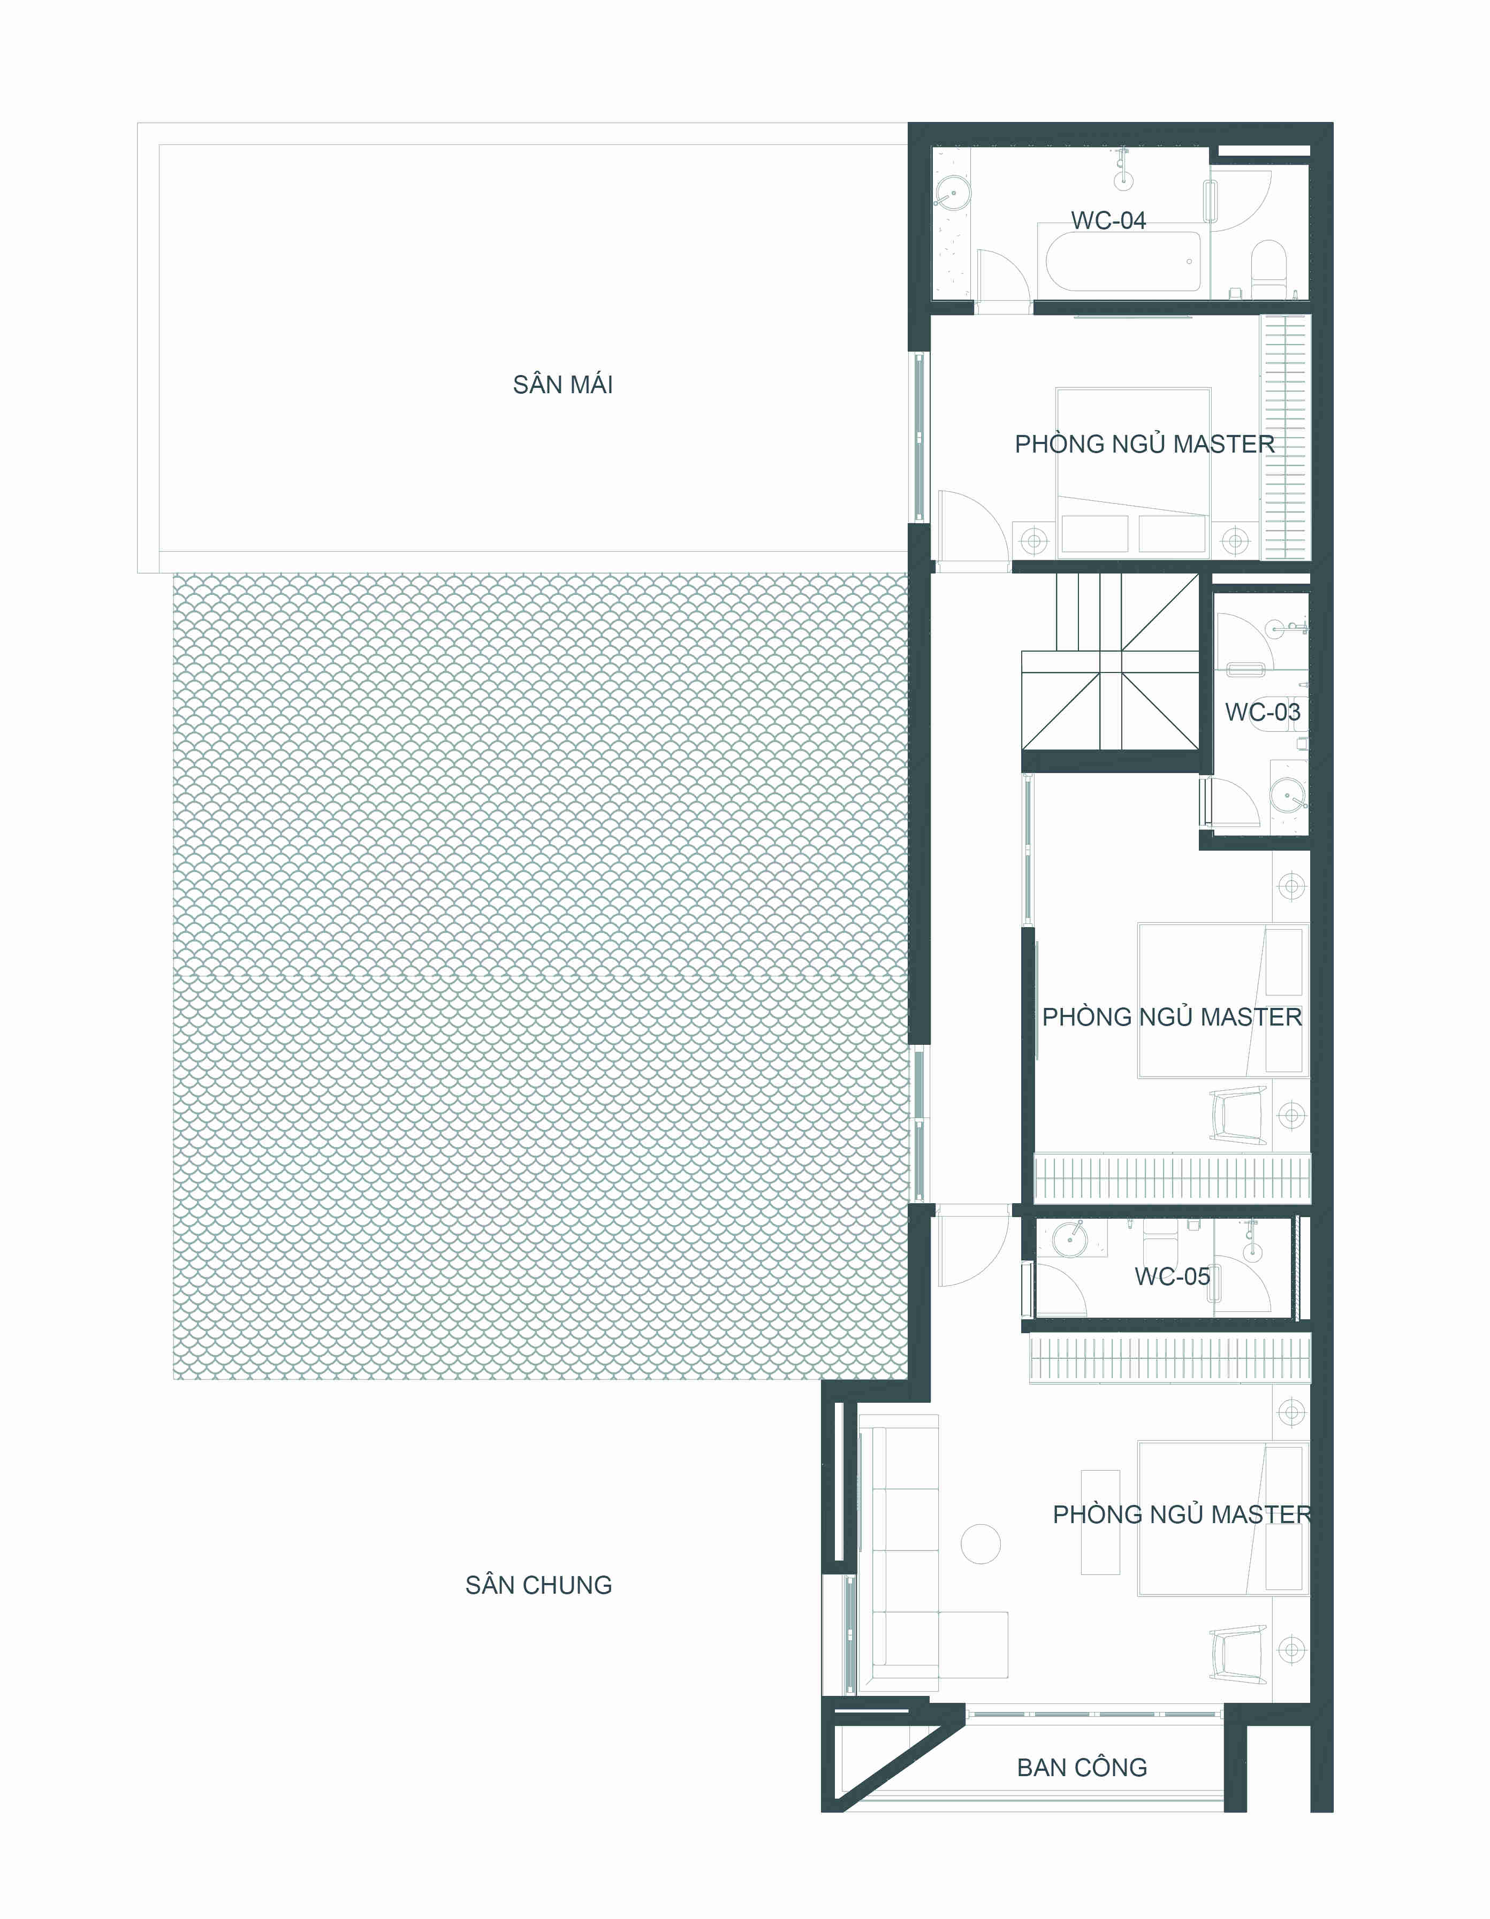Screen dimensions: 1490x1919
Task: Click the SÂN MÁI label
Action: click(x=562, y=385)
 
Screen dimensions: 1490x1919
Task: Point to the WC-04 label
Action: click(x=1108, y=220)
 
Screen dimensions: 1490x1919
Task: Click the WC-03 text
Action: click(x=1263, y=713)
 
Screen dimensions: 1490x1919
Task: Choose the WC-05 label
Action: click(x=1173, y=1276)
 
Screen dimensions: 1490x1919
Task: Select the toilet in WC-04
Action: click(x=1268, y=261)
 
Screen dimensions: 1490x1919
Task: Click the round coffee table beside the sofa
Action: click(x=981, y=1544)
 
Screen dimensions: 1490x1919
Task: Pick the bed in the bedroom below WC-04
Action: click(x=1133, y=471)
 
